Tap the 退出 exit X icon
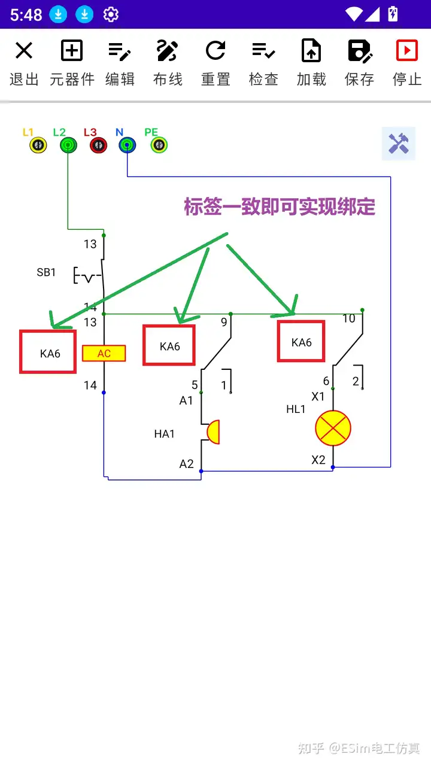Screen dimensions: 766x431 24,51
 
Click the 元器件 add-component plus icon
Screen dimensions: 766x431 72,51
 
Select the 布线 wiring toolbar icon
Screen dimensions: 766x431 168,51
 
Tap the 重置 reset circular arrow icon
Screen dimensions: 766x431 215,51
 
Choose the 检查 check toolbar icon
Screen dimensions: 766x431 263,51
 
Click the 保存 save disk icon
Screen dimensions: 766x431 359,51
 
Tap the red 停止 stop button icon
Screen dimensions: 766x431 407,51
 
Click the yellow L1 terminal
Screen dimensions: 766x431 38,145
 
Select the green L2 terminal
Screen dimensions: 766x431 68,145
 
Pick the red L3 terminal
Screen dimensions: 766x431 98,145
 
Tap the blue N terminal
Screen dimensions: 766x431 127,145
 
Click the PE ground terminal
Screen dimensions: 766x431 159,145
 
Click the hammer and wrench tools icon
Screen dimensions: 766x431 398,144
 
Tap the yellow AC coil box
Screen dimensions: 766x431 104,354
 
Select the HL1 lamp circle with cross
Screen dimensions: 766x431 333,428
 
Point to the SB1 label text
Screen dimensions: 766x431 46,273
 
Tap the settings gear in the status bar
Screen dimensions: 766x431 111,14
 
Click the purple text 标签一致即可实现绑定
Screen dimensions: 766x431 280,207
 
